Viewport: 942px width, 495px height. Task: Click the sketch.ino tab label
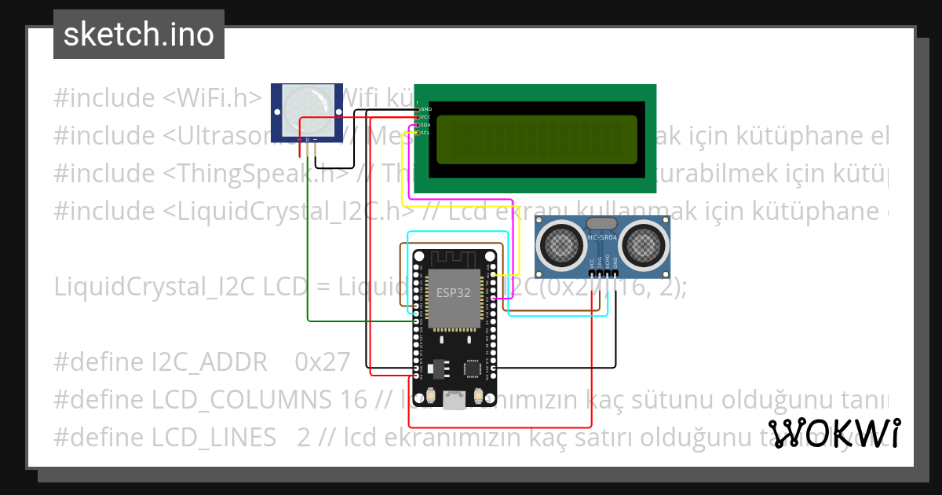(139, 35)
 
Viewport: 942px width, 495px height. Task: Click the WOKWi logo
(834, 433)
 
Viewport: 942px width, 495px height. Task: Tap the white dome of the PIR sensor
(305, 103)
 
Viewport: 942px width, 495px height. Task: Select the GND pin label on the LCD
(425, 108)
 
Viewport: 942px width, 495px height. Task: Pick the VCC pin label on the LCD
(425, 116)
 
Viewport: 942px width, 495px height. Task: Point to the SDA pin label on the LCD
(425, 125)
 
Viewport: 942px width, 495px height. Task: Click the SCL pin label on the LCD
(425, 133)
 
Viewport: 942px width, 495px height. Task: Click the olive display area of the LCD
(536, 139)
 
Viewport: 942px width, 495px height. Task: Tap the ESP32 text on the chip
(454, 292)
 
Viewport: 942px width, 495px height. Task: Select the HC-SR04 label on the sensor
(602, 236)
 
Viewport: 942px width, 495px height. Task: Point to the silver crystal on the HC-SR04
(602, 223)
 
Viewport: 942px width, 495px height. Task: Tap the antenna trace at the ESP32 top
(454, 260)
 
